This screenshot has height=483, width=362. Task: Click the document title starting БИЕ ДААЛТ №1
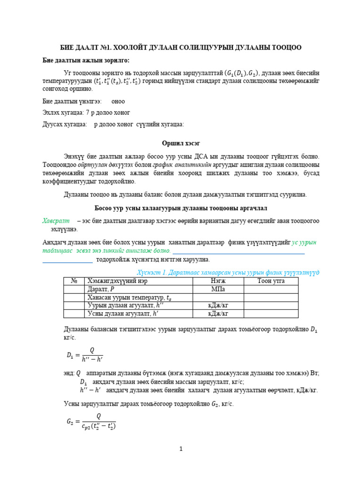tap(181, 48)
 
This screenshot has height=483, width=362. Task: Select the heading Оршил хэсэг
tap(181, 143)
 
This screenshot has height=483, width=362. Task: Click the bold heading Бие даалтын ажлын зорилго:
tap(86, 60)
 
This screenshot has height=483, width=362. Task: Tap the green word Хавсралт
tap(56, 221)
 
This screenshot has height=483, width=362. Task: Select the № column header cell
tap(74, 281)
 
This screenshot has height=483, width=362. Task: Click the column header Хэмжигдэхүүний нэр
tap(115, 281)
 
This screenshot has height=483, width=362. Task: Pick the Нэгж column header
tap(218, 281)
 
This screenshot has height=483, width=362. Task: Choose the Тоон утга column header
tap(271, 281)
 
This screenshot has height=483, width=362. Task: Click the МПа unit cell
tap(218, 289)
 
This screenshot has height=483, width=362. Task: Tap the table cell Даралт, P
tap(101, 289)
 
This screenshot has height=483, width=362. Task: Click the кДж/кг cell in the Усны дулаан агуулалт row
tap(218, 313)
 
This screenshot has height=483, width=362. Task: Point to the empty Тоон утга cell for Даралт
tap(271, 289)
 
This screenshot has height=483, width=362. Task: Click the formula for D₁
tap(85, 354)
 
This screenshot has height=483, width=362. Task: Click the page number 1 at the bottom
tap(181, 449)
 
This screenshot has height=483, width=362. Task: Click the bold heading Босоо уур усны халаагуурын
tap(181, 208)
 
